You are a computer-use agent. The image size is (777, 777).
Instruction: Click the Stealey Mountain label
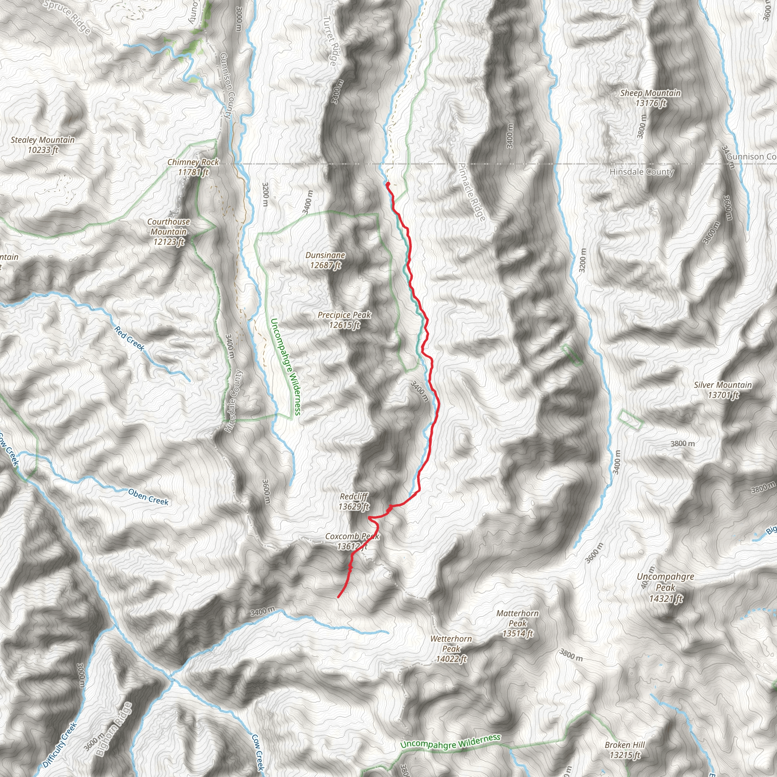tap(42, 145)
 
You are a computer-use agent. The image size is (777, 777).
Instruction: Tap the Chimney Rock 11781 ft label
tap(193, 167)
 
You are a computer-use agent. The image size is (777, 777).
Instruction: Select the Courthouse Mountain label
tap(168, 232)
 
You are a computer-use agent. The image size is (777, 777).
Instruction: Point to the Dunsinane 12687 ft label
tap(325, 260)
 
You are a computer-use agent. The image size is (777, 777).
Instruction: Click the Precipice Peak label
tap(344, 320)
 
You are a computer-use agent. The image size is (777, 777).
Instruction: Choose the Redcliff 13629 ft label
tap(354, 502)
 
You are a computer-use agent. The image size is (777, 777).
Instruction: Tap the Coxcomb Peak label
tap(352, 541)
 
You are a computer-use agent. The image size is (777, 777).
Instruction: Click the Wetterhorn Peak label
tap(451, 648)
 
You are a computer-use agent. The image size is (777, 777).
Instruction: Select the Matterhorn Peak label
tap(517, 623)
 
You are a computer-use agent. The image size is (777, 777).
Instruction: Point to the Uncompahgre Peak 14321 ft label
tap(665, 588)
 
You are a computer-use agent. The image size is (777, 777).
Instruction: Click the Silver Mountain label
tap(723, 390)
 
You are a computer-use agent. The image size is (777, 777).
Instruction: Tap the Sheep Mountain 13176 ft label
tap(650, 98)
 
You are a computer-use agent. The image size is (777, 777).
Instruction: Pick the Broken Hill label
tap(624, 750)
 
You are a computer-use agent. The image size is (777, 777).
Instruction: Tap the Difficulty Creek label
tap(60, 744)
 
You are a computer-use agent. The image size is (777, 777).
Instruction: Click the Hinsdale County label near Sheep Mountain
tap(642, 172)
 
